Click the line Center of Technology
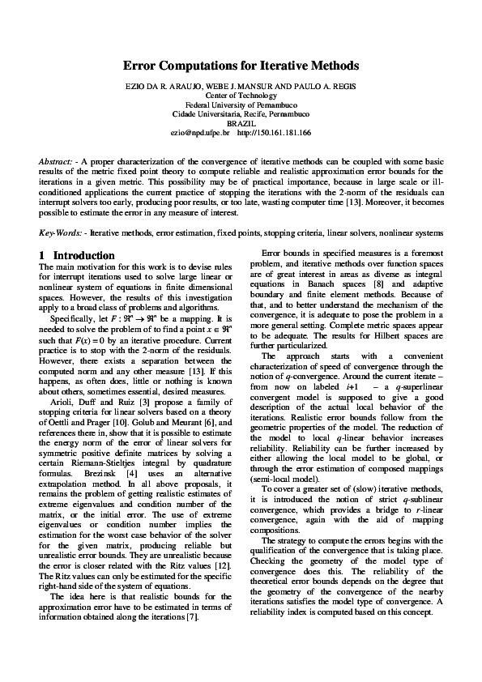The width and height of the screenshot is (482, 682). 241,95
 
